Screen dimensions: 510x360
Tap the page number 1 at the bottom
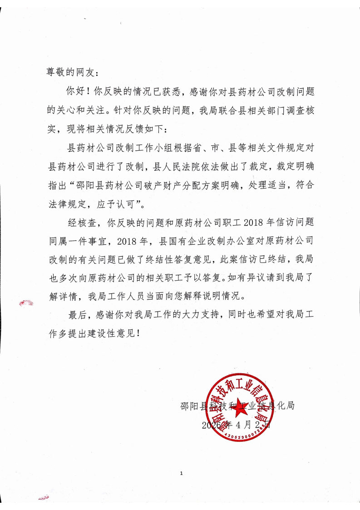(181, 474)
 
